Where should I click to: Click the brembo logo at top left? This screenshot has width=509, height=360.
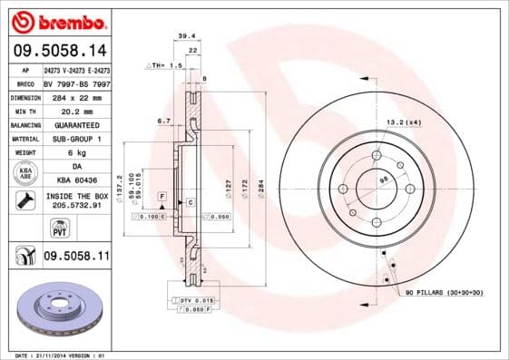(x=56, y=19)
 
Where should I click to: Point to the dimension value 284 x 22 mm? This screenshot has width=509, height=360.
(x=76, y=97)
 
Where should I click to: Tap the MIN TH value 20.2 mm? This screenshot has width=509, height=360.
(x=76, y=111)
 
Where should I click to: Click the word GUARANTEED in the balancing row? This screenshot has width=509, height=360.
(x=76, y=124)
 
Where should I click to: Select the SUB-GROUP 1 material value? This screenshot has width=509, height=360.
(x=76, y=139)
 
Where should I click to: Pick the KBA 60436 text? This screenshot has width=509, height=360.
(x=76, y=180)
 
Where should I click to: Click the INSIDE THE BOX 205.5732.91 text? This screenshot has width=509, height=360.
(x=76, y=201)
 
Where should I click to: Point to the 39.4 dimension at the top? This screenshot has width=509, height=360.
(x=187, y=36)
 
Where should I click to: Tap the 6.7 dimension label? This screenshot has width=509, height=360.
(x=164, y=120)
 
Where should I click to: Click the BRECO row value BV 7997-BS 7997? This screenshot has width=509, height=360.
(x=76, y=83)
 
